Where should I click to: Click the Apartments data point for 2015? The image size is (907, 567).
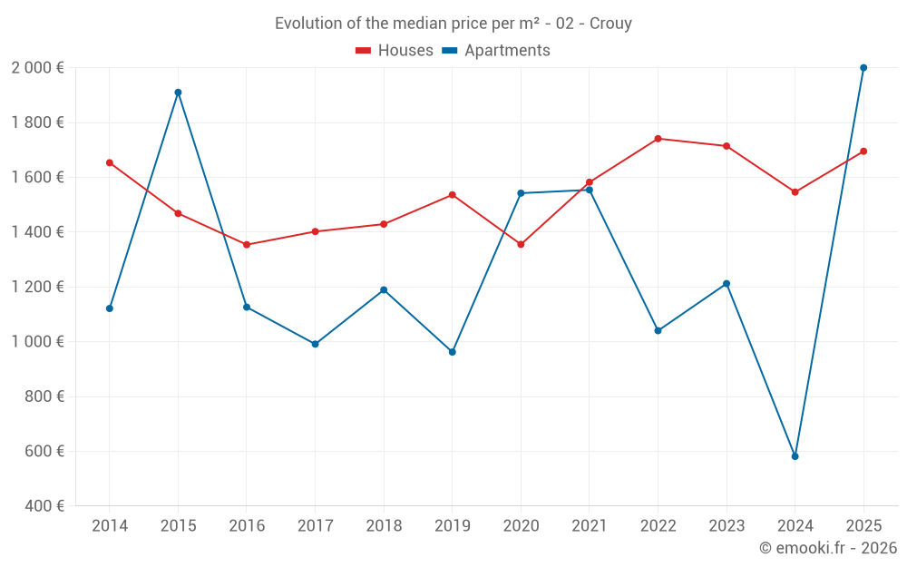178,93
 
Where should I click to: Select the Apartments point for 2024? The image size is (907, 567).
795,456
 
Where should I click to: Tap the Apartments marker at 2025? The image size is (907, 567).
863,68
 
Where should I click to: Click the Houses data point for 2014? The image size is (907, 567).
110,163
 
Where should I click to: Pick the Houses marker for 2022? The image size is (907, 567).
658,139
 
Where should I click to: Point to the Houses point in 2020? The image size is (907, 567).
521,244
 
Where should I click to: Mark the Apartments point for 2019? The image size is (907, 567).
453,352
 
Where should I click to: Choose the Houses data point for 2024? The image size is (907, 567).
795,192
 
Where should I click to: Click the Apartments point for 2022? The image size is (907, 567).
658,330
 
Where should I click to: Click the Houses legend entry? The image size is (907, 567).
395,51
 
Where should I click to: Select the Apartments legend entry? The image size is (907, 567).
496,51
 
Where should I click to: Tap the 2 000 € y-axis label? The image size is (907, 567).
37,68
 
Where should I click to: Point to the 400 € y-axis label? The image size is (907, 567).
43,506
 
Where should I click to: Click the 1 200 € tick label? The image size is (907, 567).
37,287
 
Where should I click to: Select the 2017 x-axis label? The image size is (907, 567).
315,526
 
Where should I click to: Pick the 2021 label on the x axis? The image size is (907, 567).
590,526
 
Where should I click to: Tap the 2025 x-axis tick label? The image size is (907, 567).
863,526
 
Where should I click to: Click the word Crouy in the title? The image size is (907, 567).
610,24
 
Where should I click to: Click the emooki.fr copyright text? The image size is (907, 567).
828,548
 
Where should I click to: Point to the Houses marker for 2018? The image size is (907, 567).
384,224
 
